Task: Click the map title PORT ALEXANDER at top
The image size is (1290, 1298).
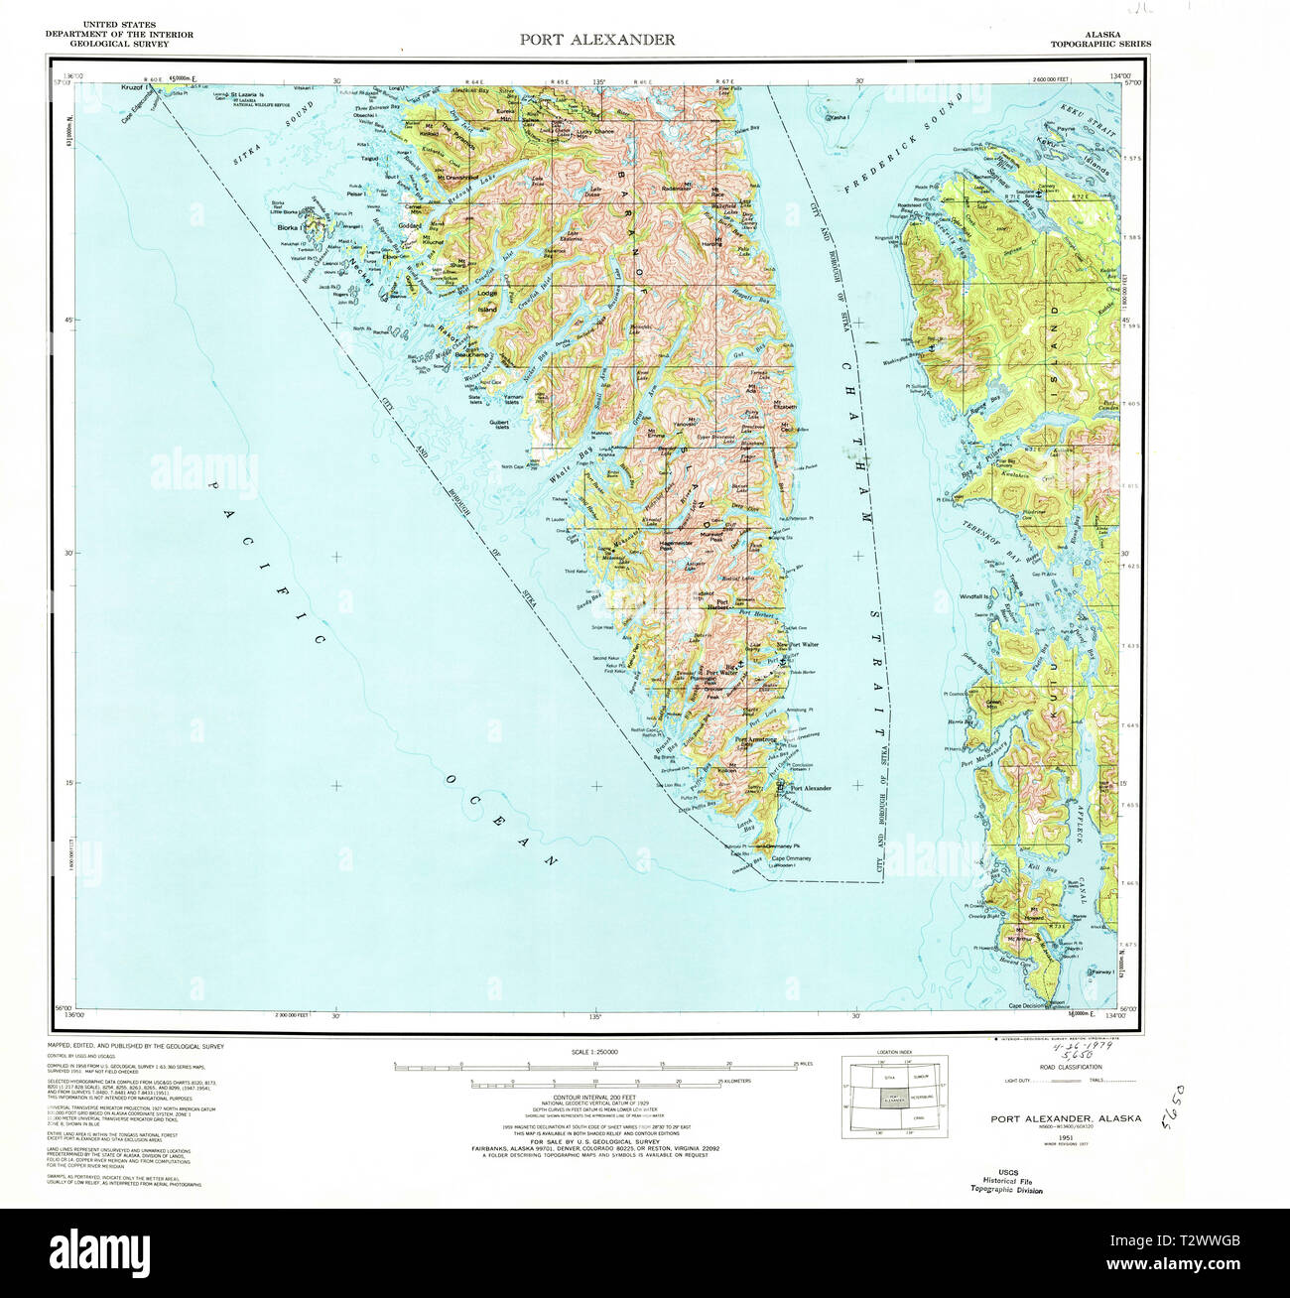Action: coord(597,40)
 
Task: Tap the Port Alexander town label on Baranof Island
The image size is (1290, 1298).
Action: coord(810,788)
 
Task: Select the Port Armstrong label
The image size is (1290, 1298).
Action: coord(755,739)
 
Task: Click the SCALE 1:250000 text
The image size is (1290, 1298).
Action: coord(595,1052)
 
